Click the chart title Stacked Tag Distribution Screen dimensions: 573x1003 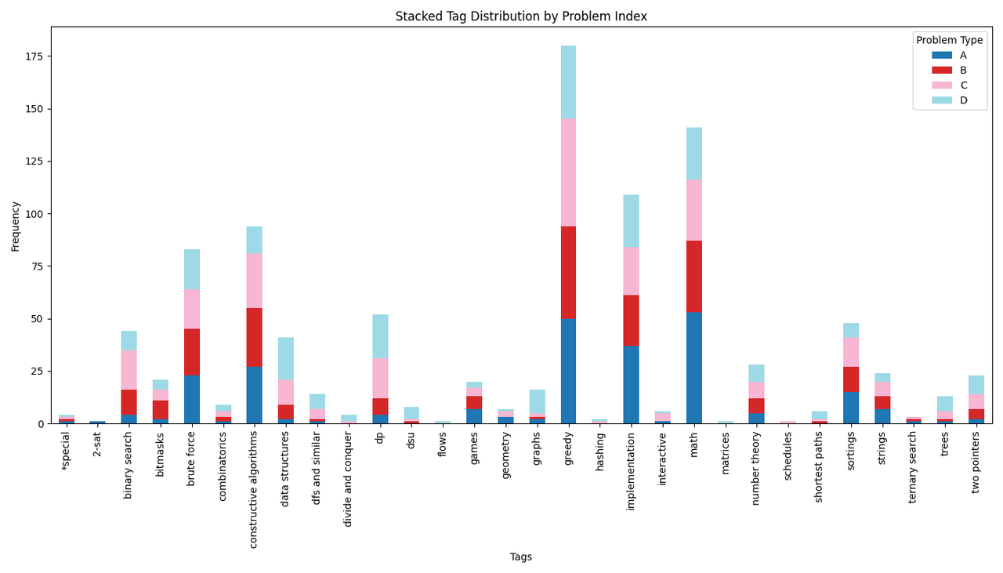pyautogui.click(x=520, y=16)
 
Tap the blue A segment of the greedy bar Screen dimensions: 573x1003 pyautogui.click(x=568, y=371)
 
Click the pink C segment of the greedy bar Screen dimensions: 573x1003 pyautogui.click(x=568, y=172)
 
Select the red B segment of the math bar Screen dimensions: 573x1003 pyautogui.click(x=693, y=276)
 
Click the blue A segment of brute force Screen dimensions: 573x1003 pyautogui.click(x=192, y=399)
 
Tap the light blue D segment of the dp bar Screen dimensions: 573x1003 pyautogui.click(x=380, y=336)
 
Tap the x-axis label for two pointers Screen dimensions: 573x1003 pyautogui.click(x=976, y=462)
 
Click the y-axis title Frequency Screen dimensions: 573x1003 pyautogui.click(x=16, y=226)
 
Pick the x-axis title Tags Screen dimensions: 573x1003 pyautogui.click(x=520, y=557)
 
